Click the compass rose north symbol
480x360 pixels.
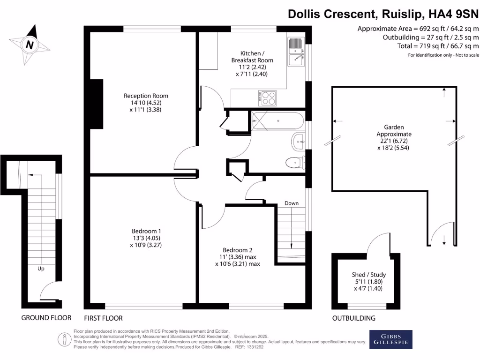click(30, 45)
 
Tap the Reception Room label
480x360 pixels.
click(146, 96)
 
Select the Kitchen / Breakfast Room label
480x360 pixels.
click(252, 57)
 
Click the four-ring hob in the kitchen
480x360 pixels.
click(267, 97)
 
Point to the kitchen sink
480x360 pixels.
click(296, 51)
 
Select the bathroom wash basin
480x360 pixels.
click(299, 140)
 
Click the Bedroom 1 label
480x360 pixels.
click(146, 231)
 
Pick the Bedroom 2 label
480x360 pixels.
click(238, 249)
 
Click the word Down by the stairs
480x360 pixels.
click(292, 203)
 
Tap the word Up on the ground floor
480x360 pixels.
click(41, 269)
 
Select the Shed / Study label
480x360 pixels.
click(369, 275)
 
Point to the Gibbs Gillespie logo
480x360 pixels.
click(391, 339)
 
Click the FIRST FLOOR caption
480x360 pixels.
click(103, 318)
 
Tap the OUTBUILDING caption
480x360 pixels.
click(354, 318)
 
